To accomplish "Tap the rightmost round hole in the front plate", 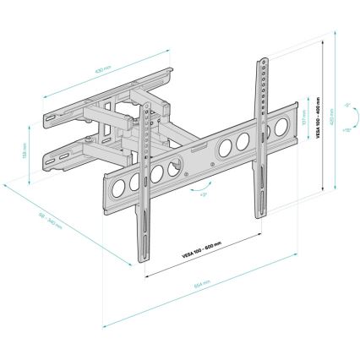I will tap(243, 139).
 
